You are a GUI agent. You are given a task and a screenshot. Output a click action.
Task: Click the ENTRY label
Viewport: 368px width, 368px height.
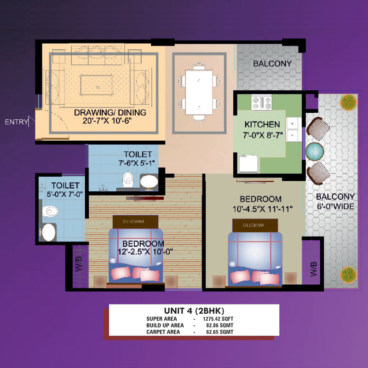16,122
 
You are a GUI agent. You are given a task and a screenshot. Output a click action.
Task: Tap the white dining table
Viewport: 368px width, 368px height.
199,92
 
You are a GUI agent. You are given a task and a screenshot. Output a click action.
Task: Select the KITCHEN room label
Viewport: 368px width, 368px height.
262,124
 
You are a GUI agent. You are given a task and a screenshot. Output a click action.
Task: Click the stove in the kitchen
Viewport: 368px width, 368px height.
261,103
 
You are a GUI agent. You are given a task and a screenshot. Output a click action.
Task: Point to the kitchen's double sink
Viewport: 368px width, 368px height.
293,130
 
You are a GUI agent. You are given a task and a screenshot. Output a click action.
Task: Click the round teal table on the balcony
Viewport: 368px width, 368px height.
315,152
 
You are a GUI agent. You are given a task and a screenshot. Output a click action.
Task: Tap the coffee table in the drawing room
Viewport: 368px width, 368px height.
97,85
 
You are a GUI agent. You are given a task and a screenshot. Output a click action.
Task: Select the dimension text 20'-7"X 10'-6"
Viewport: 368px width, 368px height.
107,121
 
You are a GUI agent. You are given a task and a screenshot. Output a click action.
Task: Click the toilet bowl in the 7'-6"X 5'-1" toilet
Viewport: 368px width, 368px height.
128,179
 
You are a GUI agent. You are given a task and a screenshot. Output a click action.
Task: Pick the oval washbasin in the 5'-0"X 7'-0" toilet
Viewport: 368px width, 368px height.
49,232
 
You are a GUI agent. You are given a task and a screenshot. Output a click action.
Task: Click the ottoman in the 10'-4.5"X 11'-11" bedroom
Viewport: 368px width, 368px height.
255,225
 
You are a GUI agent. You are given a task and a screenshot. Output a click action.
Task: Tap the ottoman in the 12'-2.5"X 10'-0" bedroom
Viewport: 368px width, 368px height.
135,222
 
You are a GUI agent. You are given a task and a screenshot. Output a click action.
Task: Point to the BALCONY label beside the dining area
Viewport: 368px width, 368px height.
272,63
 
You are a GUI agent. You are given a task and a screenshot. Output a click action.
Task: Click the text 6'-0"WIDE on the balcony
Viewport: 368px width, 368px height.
335,207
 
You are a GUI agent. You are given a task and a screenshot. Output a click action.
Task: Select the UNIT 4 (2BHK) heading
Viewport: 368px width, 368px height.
194,311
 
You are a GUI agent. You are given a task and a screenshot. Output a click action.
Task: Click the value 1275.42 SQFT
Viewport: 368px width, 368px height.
218,319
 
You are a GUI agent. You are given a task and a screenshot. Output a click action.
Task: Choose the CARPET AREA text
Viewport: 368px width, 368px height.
163,332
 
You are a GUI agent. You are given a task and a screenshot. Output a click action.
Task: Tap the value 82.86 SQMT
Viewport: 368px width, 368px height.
220,325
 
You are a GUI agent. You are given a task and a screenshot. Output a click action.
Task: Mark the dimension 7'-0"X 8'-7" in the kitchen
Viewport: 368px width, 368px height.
263,135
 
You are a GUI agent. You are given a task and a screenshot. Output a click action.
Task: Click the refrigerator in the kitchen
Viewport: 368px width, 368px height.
248,164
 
